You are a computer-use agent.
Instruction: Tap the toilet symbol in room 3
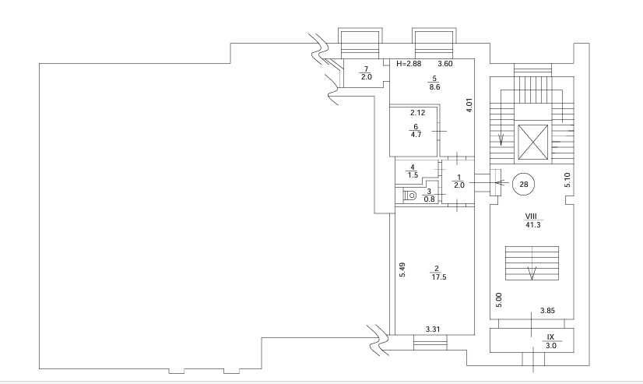[410, 195]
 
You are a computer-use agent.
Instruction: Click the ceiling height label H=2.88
[408, 63]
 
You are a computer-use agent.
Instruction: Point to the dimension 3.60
[445, 63]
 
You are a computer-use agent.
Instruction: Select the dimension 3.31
[433, 329]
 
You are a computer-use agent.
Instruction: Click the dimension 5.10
[567, 180]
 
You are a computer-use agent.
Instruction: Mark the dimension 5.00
[498, 300]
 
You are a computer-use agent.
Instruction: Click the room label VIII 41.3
[532, 220]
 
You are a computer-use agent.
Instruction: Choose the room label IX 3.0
[550, 340]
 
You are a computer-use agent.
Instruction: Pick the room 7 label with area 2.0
[365, 73]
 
